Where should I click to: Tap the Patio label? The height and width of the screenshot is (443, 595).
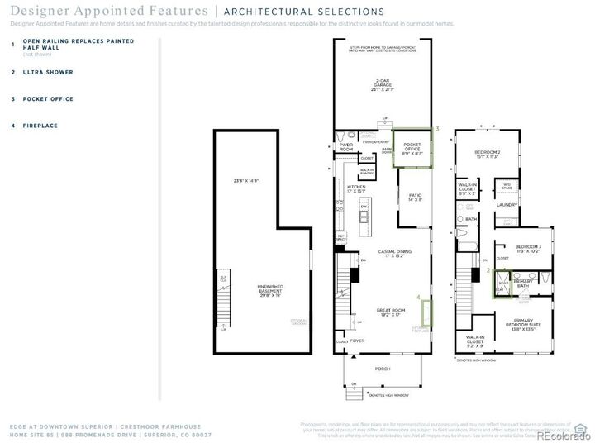[415, 197]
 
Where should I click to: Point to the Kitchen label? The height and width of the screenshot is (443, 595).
[356, 188]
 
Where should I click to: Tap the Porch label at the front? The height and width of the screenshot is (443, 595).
[383, 369]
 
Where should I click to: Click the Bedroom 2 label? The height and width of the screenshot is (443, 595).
[487, 154]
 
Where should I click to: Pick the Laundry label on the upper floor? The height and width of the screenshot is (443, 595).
[507, 204]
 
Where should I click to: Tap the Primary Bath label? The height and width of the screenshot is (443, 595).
[524, 283]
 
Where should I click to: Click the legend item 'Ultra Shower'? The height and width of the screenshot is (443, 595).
[48, 72]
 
